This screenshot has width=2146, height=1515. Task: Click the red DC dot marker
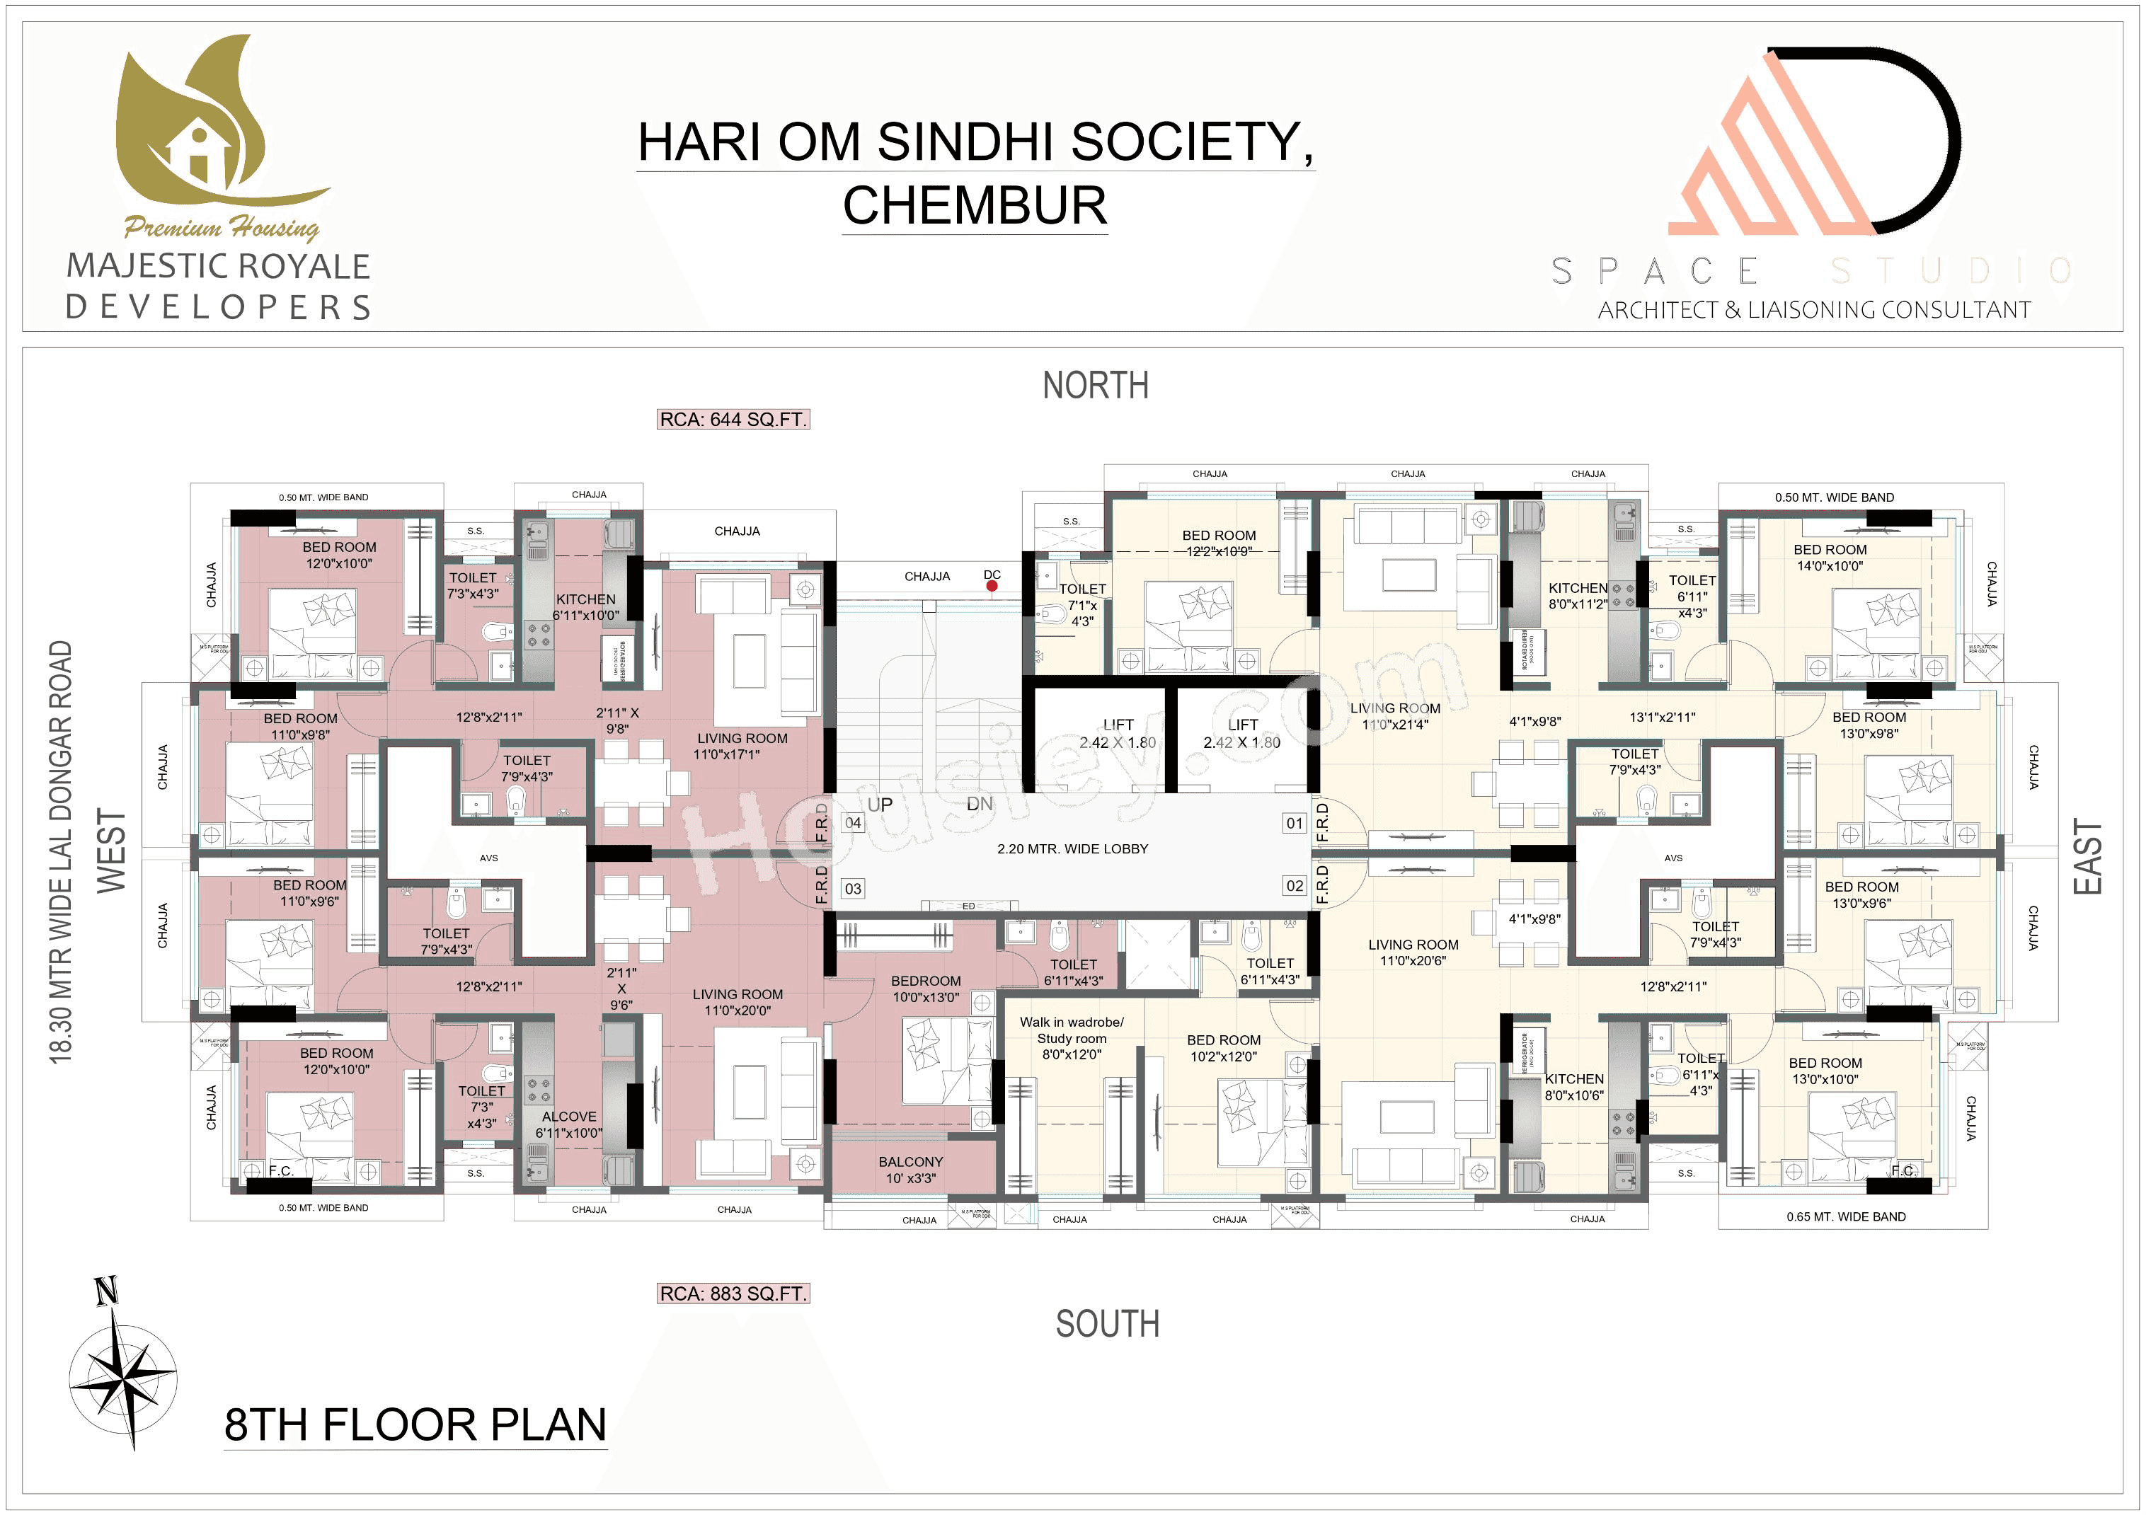coord(992,586)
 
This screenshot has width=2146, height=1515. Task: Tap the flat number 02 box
coord(1295,885)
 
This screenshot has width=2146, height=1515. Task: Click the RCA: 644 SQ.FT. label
coord(733,420)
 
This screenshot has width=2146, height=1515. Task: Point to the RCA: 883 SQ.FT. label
coord(733,1294)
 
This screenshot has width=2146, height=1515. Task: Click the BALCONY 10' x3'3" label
coord(910,1169)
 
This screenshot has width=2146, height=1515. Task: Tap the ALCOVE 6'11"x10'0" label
coord(568,1124)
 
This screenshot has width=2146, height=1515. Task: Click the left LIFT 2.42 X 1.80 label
coord(1118,734)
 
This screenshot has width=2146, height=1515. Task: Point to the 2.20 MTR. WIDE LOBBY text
coord(1072,848)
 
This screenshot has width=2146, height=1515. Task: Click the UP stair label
coord(880,805)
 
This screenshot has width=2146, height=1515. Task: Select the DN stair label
coord(980,804)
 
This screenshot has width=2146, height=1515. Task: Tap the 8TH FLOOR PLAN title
coord(415,1425)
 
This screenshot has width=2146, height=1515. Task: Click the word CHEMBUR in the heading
coord(975,206)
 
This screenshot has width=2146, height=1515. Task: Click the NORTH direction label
coord(1096,385)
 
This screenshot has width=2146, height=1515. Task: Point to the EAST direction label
coord(2087,856)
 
